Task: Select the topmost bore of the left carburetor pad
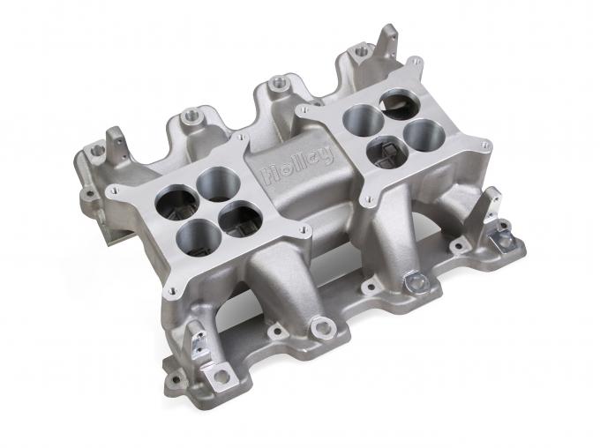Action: pos(211,183)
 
